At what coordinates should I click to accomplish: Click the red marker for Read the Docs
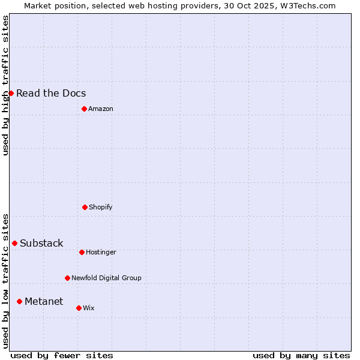(x=11, y=93)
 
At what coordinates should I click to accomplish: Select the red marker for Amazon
(x=84, y=109)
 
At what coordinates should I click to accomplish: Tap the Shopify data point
(x=85, y=207)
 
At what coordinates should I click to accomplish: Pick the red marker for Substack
(x=14, y=243)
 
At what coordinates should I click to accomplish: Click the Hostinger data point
(x=82, y=252)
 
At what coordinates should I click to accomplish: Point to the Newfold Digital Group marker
(x=67, y=278)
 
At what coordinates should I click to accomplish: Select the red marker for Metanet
(x=19, y=301)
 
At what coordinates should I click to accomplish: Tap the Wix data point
(x=79, y=308)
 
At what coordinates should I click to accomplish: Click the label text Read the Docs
(x=51, y=93)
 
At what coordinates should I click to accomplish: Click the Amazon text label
(x=101, y=109)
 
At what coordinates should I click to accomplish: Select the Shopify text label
(x=101, y=207)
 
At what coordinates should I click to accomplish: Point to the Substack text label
(x=41, y=243)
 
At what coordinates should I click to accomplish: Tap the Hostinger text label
(x=101, y=252)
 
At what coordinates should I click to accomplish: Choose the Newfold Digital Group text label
(x=106, y=278)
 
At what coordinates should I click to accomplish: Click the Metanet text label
(x=44, y=301)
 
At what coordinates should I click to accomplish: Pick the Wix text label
(x=89, y=308)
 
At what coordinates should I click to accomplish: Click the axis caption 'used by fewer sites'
(x=62, y=355)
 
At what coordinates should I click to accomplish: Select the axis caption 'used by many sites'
(x=301, y=355)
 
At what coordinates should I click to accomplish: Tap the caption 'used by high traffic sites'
(x=5, y=85)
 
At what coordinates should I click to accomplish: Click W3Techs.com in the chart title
(x=306, y=5)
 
